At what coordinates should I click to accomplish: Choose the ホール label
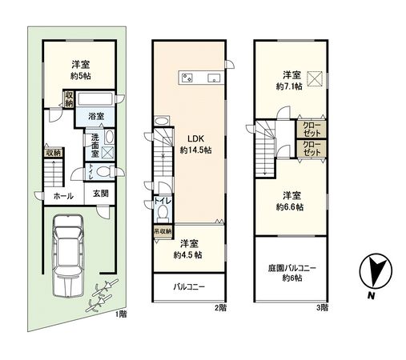tap(63, 196)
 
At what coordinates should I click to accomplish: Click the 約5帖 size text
tap(78, 78)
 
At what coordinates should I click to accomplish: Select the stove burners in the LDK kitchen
tap(187, 78)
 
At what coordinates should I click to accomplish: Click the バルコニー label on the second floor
tap(188, 286)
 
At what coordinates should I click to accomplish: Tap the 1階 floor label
tap(119, 314)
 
